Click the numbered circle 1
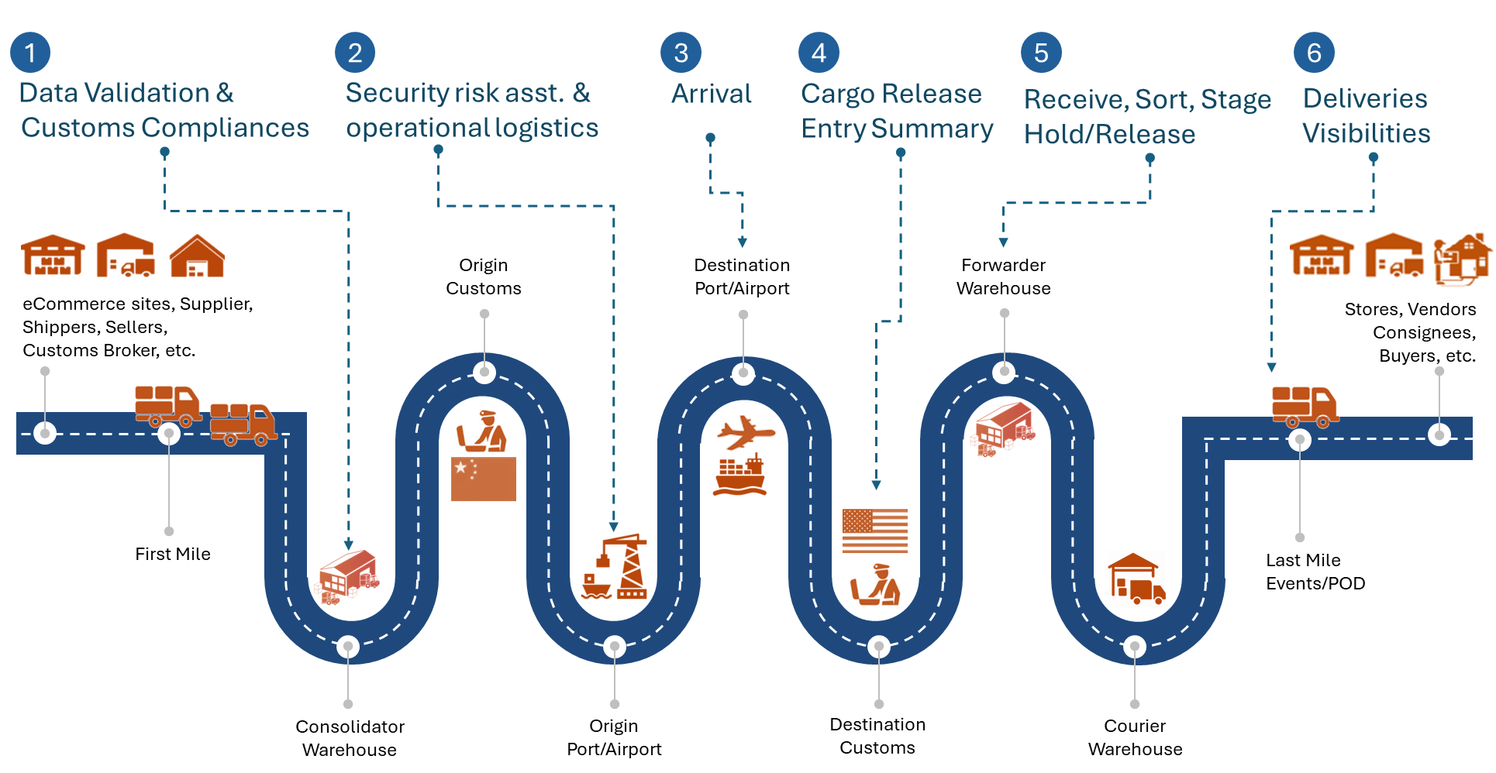[30, 53]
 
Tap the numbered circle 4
[819, 53]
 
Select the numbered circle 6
[1314, 53]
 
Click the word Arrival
[711, 94]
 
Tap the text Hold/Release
[1109, 135]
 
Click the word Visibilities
[1366, 133]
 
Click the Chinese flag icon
[483, 479]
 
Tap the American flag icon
[874, 530]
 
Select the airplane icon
[745, 432]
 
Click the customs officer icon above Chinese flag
[482, 431]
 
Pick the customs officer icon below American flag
[875, 584]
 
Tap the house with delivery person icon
[1463, 259]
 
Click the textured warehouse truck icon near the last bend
[1136, 579]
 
